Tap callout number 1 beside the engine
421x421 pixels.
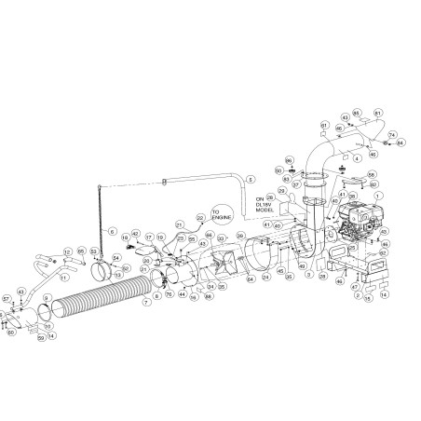point(378,197)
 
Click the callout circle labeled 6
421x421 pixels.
point(113,230)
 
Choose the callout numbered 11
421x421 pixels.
point(63,277)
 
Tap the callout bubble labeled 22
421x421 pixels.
point(199,217)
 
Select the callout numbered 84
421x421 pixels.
point(401,143)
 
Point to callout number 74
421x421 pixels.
point(391,134)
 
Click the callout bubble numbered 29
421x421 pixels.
point(270,197)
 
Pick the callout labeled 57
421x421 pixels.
point(7,299)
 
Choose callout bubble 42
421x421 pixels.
point(135,234)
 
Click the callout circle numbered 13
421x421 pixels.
point(117,275)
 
